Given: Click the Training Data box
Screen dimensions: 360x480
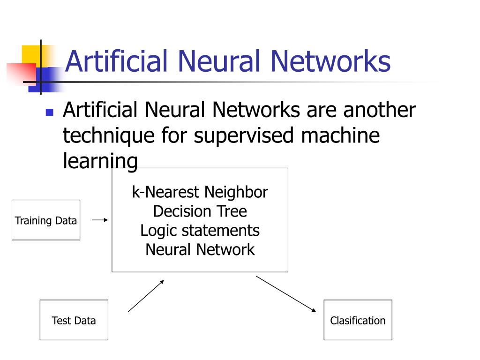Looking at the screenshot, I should [x=46, y=220].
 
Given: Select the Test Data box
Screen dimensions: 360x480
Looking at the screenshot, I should [x=74, y=320].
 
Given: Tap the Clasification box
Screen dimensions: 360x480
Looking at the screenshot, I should [x=358, y=320].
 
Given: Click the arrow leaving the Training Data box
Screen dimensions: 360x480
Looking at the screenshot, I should [x=100, y=219].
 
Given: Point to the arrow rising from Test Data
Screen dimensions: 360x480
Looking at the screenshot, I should [x=146, y=296].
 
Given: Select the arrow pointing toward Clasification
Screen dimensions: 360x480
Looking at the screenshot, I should [x=286, y=294].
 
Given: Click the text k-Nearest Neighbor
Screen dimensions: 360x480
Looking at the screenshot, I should [x=200, y=192].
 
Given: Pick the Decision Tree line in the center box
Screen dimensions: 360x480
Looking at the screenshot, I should [x=200, y=211].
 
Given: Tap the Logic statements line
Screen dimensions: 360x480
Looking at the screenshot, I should [x=200, y=231].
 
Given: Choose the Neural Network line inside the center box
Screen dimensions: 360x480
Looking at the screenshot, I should [x=200, y=249].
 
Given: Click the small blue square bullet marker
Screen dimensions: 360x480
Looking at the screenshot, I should [x=49, y=112].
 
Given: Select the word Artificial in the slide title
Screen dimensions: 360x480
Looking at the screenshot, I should [x=116, y=62].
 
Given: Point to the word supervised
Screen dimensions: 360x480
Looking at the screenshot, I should [x=245, y=136].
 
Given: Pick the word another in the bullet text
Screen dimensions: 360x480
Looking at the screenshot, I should [x=379, y=111].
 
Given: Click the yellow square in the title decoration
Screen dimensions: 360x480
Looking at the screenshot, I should [x=31, y=54].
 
